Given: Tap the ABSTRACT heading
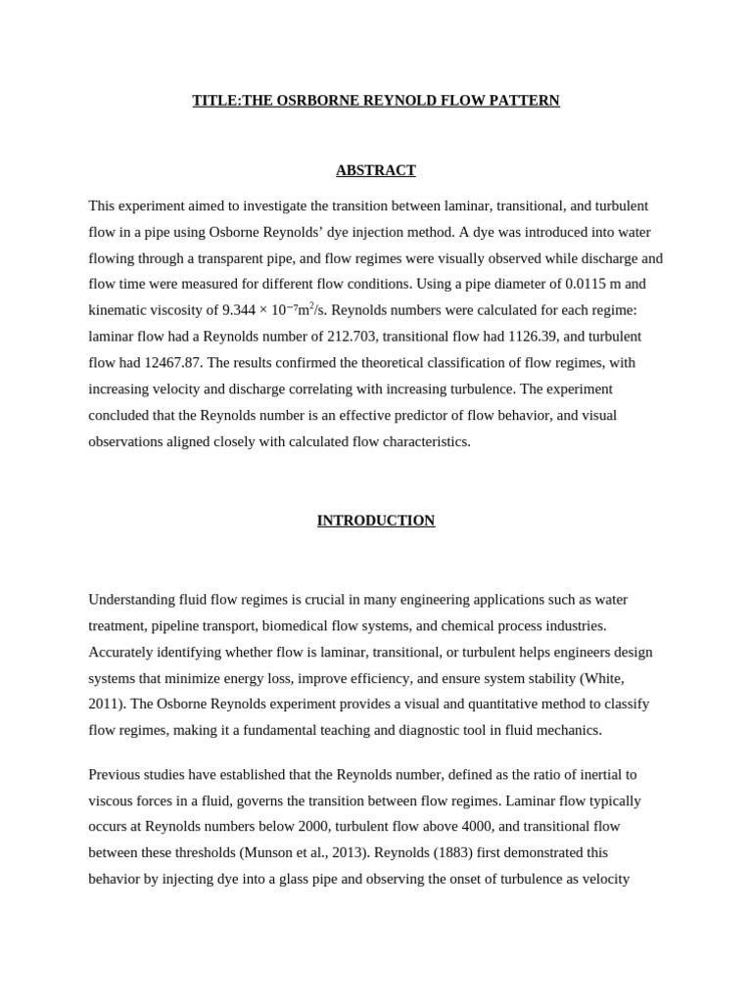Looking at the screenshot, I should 376,170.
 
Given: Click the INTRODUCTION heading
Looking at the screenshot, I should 376,521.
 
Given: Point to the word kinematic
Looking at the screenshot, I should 120,310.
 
